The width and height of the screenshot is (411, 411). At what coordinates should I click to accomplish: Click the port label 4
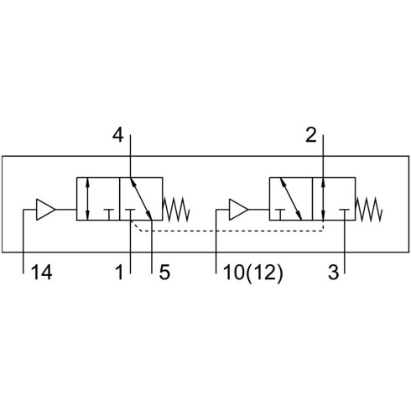pyautogui.click(x=117, y=135)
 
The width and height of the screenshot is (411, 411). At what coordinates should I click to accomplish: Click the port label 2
pyautogui.click(x=311, y=135)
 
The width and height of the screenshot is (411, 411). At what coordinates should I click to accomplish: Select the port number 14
pyautogui.click(x=42, y=273)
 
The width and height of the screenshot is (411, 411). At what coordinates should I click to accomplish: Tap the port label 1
pyautogui.click(x=119, y=273)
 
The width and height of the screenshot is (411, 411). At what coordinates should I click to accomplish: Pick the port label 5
pyautogui.click(x=164, y=273)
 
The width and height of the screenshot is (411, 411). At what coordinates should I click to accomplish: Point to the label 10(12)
pyautogui.click(x=253, y=273)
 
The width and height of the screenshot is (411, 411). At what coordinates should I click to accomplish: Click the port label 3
pyautogui.click(x=333, y=273)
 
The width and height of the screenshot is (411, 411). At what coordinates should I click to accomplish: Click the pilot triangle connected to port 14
pyautogui.click(x=45, y=210)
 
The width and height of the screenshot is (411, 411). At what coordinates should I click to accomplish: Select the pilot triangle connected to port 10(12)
pyautogui.click(x=238, y=210)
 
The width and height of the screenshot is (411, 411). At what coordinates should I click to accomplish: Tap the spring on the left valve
pyautogui.click(x=176, y=210)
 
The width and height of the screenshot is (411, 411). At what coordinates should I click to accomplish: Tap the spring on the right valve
pyautogui.click(x=369, y=210)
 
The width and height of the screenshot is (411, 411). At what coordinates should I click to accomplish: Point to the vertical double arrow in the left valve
pyautogui.click(x=87, y=199)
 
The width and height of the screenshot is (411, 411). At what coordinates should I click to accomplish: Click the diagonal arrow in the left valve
pyautogui.click(x=141, y=199)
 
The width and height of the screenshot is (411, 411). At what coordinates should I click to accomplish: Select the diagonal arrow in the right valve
pyautogui.click(x=291, y=199)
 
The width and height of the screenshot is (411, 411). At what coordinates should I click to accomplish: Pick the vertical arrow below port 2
pyautogui.click(x=323, y=199)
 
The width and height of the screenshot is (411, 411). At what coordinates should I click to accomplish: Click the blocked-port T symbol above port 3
pyautogui.click(x=345, y=215)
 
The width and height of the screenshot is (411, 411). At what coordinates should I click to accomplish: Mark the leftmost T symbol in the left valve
pyautogui.click(x=109, y=215)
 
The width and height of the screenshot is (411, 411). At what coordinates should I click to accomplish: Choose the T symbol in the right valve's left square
pyautogui.click(x=280, y=215)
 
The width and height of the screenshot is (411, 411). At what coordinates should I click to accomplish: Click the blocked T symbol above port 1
pyautogui.click(x=130, y=215)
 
